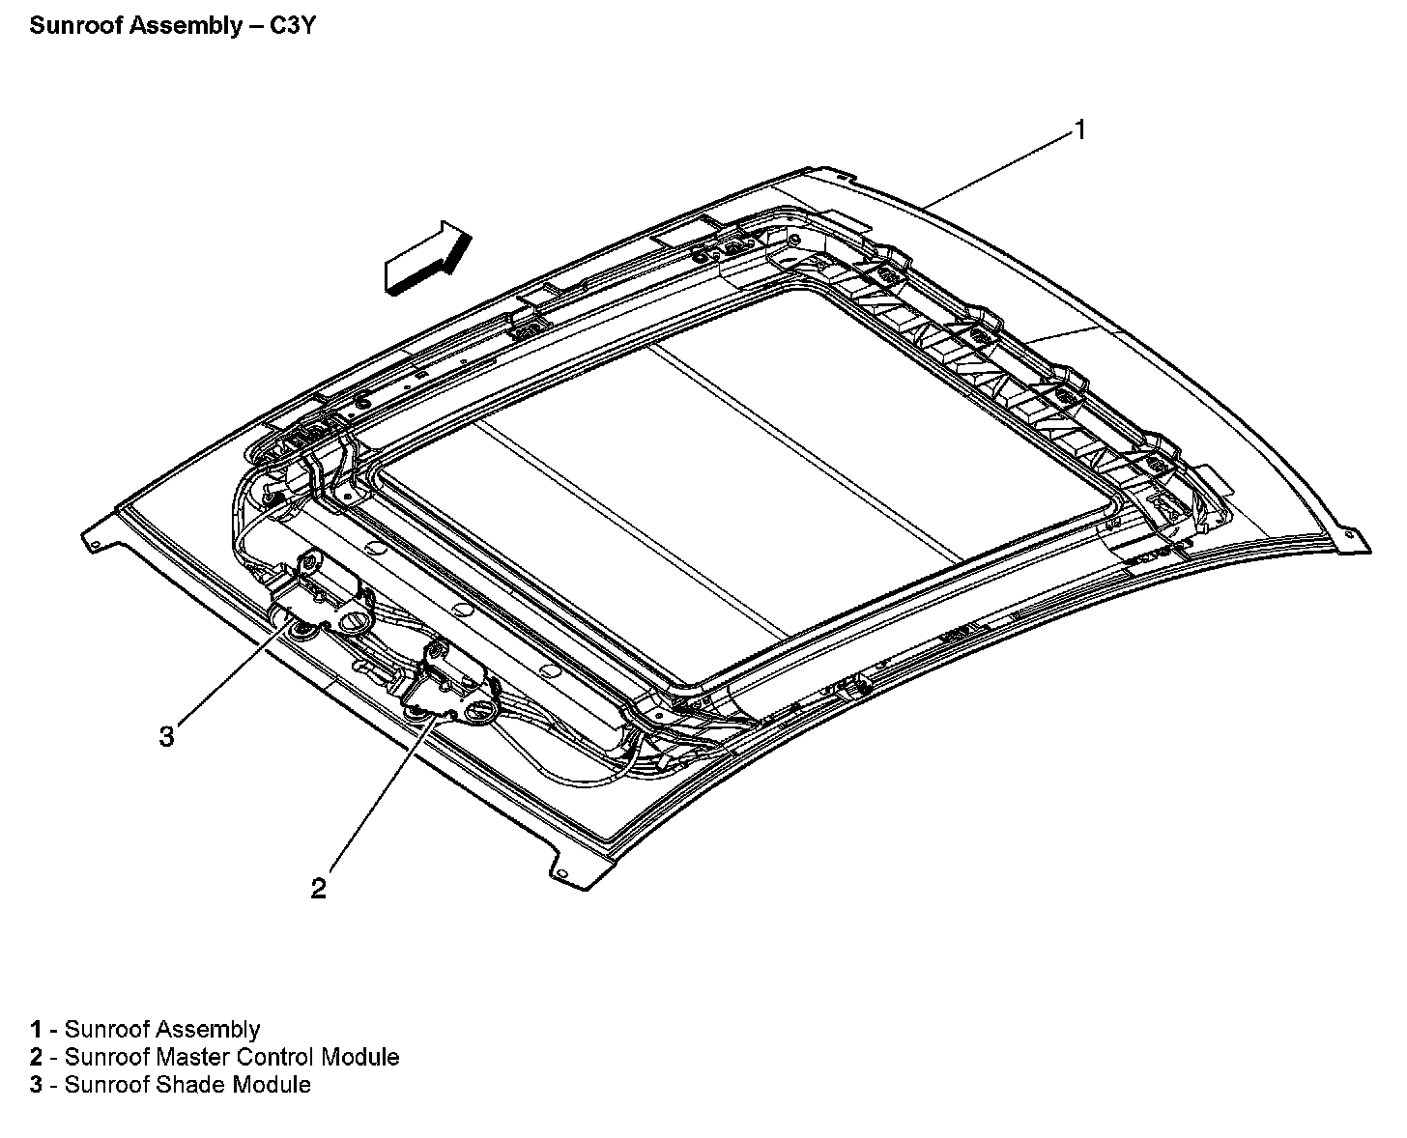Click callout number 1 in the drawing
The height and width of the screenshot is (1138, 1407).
1080,130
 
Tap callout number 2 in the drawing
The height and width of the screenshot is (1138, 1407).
318,889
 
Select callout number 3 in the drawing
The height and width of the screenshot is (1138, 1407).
166,736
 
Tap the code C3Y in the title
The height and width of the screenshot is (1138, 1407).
293,26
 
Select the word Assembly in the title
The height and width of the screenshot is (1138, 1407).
187,27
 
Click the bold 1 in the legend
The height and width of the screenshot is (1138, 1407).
36,1030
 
